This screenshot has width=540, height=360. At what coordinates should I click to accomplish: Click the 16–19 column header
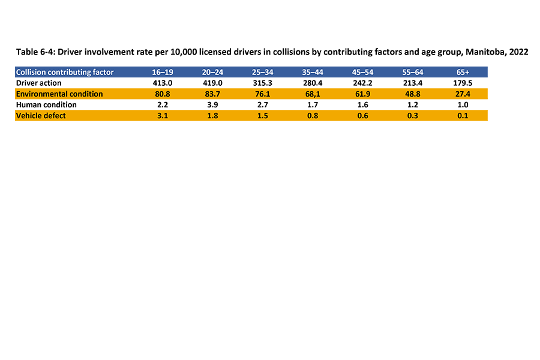162,72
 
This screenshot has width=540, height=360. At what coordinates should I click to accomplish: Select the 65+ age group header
462,72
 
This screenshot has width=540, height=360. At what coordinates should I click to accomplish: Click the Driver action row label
38,83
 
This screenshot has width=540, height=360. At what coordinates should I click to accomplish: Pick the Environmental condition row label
59,94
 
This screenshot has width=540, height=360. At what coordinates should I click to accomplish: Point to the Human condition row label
46,104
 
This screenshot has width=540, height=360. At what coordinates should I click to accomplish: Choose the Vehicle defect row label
41,115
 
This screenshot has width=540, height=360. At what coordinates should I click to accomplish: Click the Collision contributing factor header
65,72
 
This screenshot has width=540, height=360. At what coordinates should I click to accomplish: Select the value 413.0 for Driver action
162,83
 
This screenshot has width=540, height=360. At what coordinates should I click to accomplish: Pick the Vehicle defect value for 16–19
162,115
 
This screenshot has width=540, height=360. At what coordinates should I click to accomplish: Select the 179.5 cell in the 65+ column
462,83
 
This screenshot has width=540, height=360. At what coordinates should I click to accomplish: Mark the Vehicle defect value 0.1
462,115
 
